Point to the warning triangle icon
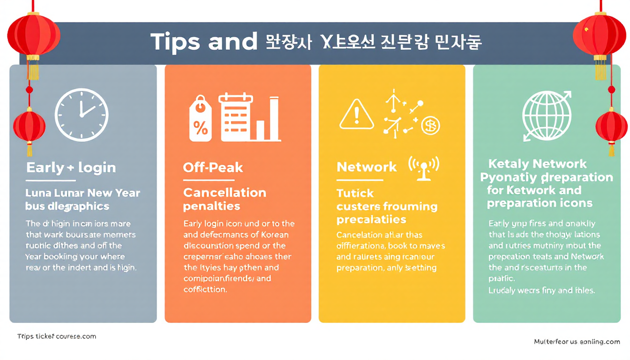357,114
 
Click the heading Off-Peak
213,167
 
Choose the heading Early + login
71,168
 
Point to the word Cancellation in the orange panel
225,193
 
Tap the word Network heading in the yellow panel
367,167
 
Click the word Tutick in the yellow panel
355,193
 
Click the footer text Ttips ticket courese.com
56,336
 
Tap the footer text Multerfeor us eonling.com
577,342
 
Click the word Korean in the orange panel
273,234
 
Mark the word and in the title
233,42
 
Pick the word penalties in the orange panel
211,206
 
